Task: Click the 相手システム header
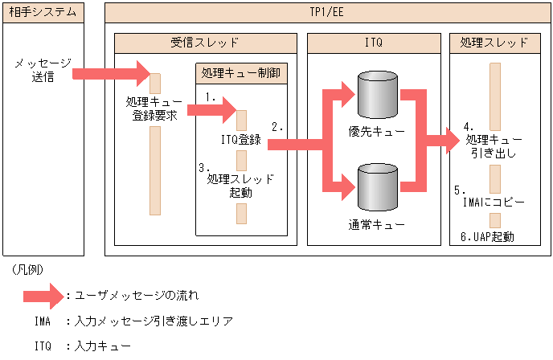pyautogui.click(x=43, y=12)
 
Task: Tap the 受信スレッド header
pyautogui.click(x=205, y=43)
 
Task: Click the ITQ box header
pyautogui.click(x=374, y=43)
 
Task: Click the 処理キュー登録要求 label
pyautogui.click(x=154, y=110)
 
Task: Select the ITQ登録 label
pyautogui.click(x=241, y=140)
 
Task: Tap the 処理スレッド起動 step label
pyautogui.click(x=240, y=186)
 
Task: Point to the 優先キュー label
pyautogui.click(x=377, y=132)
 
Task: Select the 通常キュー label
pyautogui.click(x=377, y=224)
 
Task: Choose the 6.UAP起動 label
pyautogui.click(x=488, y=236)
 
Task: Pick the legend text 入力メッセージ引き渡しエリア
pyautogui.click(x=154, y=321)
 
